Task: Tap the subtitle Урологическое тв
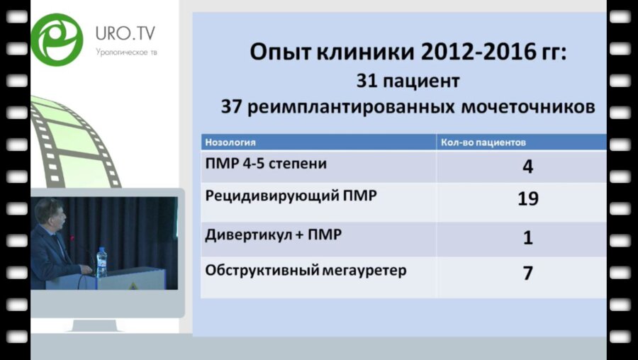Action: click(x=125, y=52)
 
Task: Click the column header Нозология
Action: click(x=230, y=142)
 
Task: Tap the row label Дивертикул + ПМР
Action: click(x=273, y=235)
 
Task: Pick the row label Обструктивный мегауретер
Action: click(x=306, y=270)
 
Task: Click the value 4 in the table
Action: click(x=527, y=167)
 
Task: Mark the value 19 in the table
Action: click(x=527, y=200)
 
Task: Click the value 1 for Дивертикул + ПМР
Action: click(x=527, y=237)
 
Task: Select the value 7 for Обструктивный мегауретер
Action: click(x=527, y=273)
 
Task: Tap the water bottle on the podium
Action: click(x=101, y=261)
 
